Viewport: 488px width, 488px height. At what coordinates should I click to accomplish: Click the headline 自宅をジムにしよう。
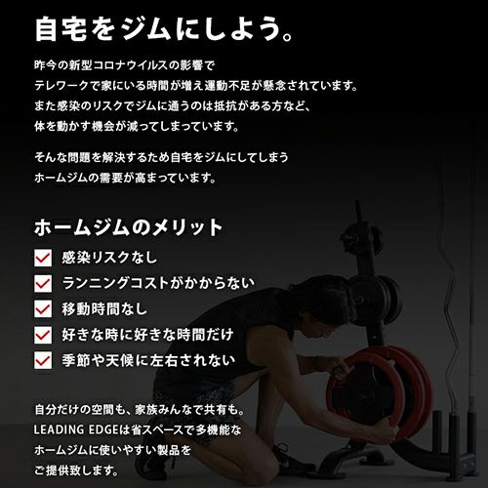point(164,29)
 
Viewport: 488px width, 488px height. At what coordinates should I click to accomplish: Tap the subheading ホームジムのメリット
point(128,227)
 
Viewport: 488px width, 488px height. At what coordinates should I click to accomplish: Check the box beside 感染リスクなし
point(43,258)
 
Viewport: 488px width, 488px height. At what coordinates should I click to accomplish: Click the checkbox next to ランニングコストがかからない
point(43,283)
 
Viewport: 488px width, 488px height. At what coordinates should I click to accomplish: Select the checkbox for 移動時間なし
point(43,308)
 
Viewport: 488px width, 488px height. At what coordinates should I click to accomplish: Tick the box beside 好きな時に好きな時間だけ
point(43,335)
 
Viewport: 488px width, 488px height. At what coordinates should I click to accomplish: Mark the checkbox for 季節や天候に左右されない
point(43,360)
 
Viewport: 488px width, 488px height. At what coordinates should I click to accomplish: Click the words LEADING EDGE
point(76,429)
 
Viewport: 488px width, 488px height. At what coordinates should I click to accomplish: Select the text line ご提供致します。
point(76,470)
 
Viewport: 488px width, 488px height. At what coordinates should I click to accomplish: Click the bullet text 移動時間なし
point(104,308)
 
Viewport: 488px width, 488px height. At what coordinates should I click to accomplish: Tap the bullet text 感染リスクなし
point(109,258)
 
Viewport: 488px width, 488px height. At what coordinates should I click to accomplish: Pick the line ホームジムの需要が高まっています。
point(125,178)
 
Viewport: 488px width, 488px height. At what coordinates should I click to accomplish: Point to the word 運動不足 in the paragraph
point(226,86)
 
